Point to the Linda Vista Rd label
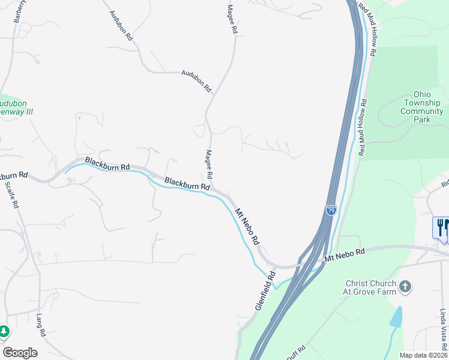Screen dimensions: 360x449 coord(442,331)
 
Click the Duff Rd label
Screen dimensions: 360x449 coord(296,353)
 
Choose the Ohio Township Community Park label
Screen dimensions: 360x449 coord(422,107)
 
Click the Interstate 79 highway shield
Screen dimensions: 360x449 coord(331,210)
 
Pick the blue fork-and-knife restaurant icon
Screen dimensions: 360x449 coord(441,228)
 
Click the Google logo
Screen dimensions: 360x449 coord(20,353)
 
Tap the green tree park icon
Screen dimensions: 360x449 coord(4,331)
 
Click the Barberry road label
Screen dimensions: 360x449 coord(20,11)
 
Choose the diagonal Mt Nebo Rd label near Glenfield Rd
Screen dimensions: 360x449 coord(247,226)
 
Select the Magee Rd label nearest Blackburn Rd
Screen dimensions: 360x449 coord(209,164)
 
